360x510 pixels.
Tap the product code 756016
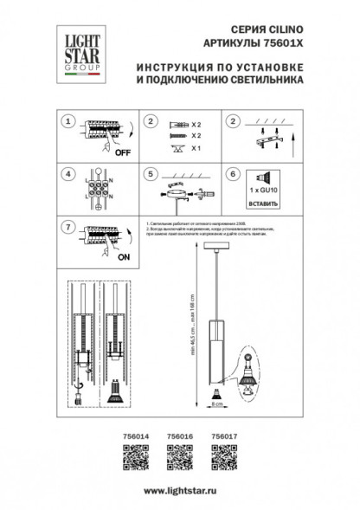click(x=178, y=437)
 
